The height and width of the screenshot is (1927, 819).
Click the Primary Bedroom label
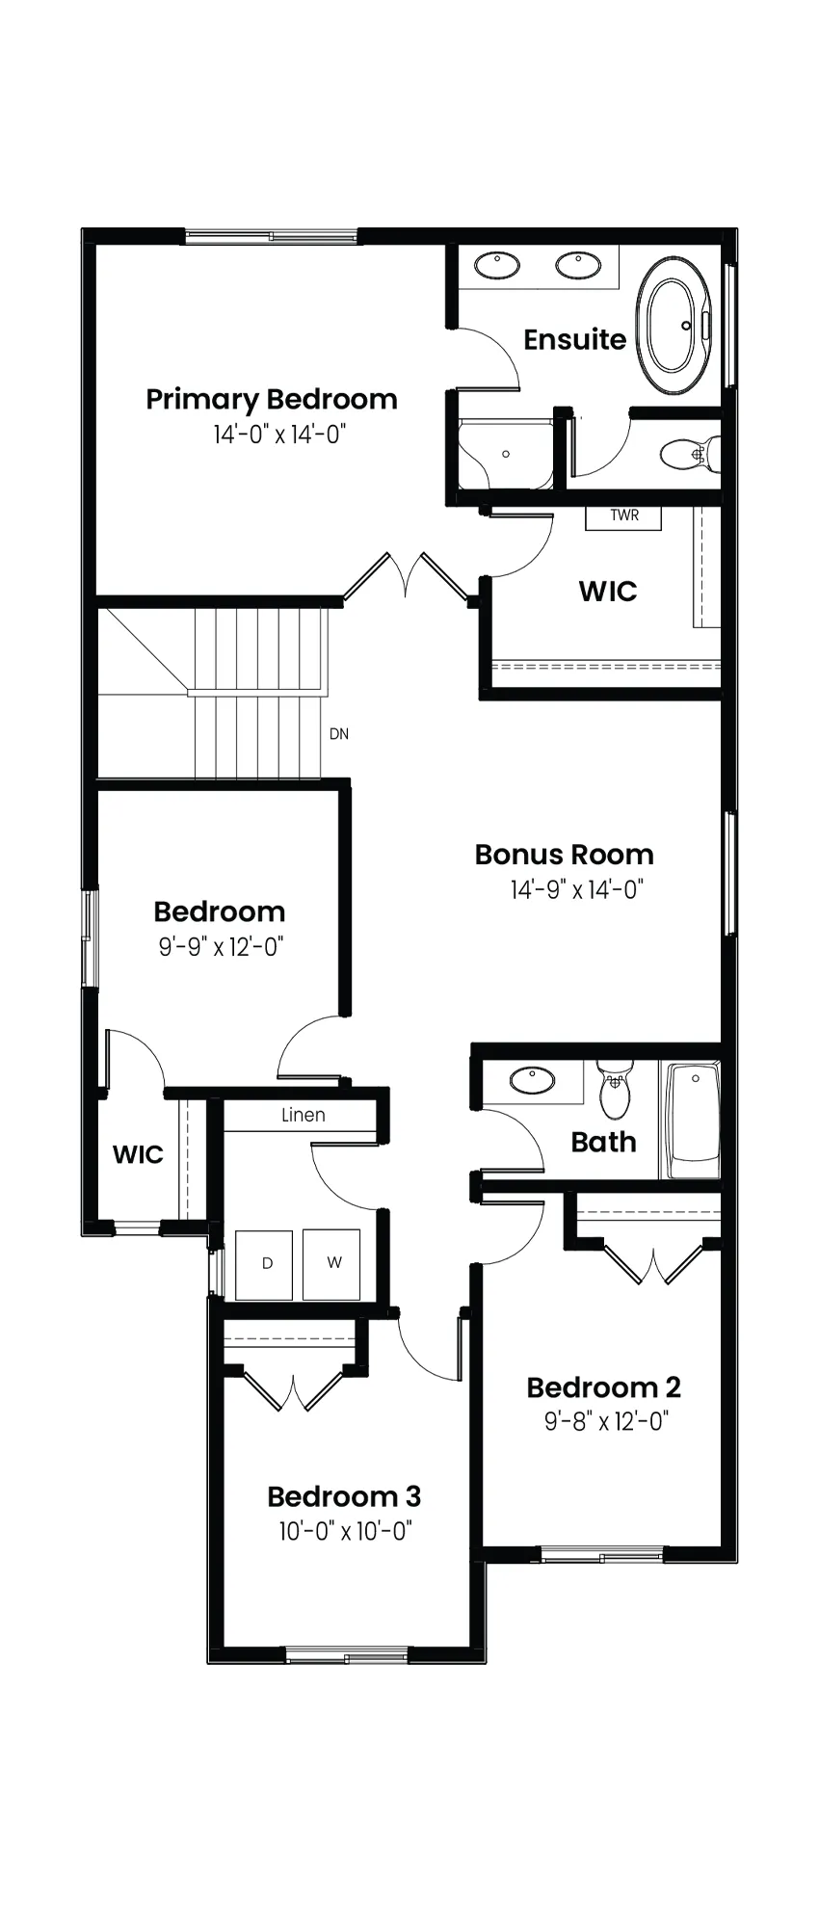pyautogui.click(x=272, y=399)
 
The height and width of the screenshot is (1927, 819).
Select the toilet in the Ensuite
pyautogui.click(x=693, y=453)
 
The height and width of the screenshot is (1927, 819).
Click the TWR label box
pyautogui.click(x=624, y=516)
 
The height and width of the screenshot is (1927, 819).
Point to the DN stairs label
pyautogui.click(x=339, y=734)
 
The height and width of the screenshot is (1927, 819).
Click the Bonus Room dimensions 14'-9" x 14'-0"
pyautogui.click(x=577, y=889)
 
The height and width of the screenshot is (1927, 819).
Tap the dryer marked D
pyautogui.click(x=264, y=1264)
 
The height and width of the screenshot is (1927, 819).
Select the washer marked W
pyautogui.click(x=332, y=1264)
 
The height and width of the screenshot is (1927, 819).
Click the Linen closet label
pyautogui.click(x=304, y=1116)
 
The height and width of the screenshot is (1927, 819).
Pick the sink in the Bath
pyautogui.click(x=532, y=1080)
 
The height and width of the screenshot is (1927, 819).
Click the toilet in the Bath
pyautogui.click(x=614, y=1089)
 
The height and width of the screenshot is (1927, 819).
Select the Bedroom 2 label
pyautogui.click(x=604, y=1387)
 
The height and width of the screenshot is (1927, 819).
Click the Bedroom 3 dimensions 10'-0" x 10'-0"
pyautogui.click(x=346, y=1531)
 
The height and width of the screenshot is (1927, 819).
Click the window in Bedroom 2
pyautogui.click(x=602, y=1554)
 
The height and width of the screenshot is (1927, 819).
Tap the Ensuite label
pyautogui.click(x=575, y=339)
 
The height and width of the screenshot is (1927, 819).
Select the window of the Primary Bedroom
pyautogui.click(x=271, y=235)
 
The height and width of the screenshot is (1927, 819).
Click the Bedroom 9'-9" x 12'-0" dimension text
pyautogui.click(x=222, y=947)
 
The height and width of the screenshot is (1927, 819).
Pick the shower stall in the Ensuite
pyautogui.click(x=505, y=455)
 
